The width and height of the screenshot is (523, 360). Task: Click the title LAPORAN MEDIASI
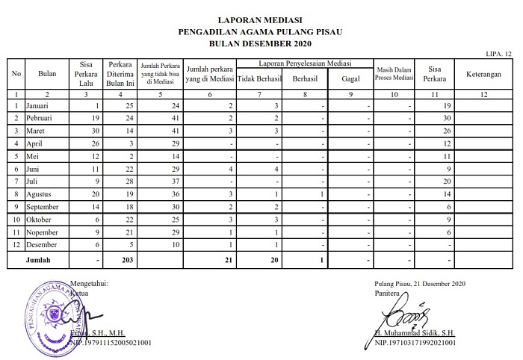(x=261, y=20)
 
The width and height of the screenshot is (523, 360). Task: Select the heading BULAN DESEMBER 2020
(x=261, y=43)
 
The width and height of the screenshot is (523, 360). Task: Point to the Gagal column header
(x=350, y=78)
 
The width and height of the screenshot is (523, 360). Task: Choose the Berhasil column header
(x=305, y=78)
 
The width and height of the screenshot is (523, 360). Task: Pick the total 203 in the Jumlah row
(x=121, y=261)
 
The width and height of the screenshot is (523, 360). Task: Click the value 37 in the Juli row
(x=175, y=181)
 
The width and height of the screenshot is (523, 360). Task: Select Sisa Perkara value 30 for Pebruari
(x=442, y=119)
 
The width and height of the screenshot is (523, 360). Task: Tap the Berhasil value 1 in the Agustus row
(x=319, y=193)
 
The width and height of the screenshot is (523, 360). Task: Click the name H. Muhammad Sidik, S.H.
(x=415, y=333)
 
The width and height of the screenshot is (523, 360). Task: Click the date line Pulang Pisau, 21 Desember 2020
(x=420, y=284)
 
